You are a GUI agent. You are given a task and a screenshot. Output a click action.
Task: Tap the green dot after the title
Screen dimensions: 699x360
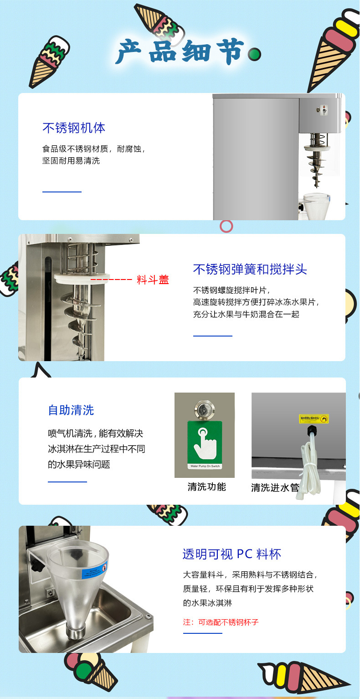[x=254, y=55]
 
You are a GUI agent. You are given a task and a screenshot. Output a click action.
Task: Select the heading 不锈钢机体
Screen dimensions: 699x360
[x=74, y=128]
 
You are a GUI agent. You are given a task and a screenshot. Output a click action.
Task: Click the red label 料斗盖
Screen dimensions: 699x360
[x=153, y=280]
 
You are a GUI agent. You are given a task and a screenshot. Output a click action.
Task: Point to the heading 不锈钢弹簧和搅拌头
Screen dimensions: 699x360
[x=250, y=269]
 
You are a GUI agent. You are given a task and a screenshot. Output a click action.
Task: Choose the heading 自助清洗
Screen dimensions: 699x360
[x=71, y=410]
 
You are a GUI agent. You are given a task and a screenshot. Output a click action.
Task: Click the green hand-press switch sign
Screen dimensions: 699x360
[x=205, y=445]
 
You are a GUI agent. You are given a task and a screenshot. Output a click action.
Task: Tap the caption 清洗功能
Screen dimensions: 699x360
[x=206, y=487]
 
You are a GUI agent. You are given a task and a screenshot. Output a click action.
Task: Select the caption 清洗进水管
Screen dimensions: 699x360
[x=275, y=488]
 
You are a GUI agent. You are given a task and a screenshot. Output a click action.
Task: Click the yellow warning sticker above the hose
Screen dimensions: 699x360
[x=314, y=419]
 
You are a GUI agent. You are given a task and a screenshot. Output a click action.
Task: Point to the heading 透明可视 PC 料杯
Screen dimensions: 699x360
[x=232, y=554]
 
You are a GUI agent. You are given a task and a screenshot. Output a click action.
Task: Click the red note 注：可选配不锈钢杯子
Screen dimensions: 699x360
[x=221, y=622]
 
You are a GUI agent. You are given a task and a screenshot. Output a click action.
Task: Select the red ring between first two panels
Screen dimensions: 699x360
[x=226, y=226]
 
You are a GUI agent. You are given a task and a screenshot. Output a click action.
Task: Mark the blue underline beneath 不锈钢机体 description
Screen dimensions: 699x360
[x=62, y=192]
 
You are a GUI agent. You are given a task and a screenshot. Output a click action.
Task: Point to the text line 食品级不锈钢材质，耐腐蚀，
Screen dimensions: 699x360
[x=94, y=149]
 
